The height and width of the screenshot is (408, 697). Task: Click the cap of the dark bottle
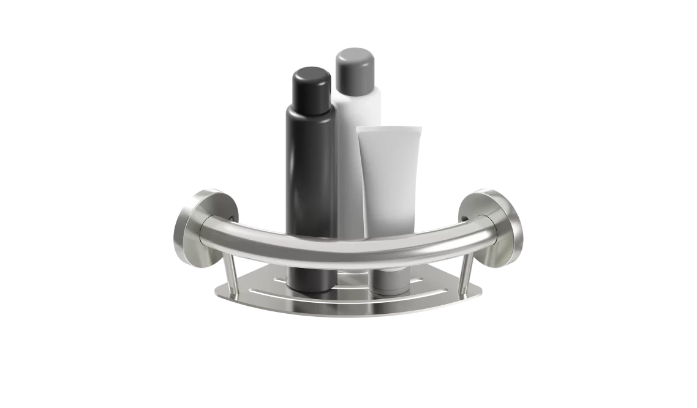click(x=311, y=84)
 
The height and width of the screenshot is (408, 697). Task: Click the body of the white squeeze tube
click(x=391, y=184)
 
